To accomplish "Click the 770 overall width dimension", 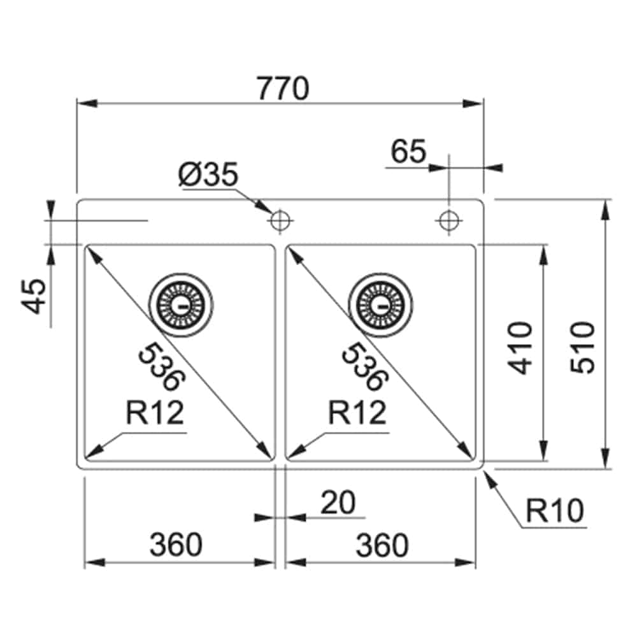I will pos(283,89).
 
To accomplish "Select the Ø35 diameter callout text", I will pos(208,175).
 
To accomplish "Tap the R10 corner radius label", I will pos(555,511).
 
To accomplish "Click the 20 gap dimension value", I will pos(337,503).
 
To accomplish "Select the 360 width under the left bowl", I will pos(176,545).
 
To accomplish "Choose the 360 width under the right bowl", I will pos(381,545).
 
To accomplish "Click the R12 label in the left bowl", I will pos(155,413).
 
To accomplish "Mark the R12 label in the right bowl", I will pos(357,413).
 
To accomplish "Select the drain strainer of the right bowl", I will pos(381,305).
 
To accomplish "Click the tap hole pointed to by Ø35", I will pos(279,221).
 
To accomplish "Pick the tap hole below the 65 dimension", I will pos(448,221).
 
